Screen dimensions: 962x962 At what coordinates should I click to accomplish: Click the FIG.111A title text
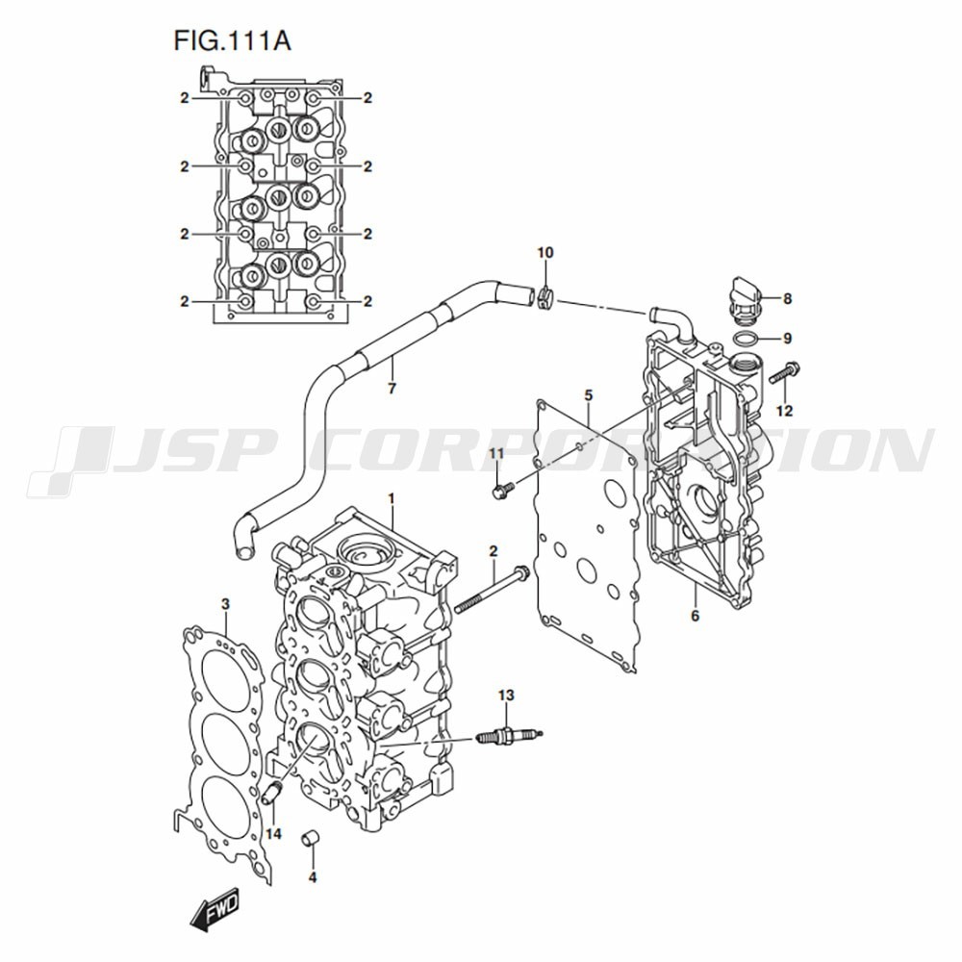pos(232,41)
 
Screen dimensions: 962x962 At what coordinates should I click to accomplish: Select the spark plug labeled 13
pos(509,734)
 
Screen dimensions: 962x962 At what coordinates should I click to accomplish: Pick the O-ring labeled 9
pos(746,338)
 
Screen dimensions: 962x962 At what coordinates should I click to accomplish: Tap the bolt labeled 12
pos(785,371)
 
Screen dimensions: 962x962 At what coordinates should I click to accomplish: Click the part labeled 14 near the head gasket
pos(271,793)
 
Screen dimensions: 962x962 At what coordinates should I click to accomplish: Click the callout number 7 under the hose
pos(392,389)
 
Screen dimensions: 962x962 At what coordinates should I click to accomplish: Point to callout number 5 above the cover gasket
pos(589,395)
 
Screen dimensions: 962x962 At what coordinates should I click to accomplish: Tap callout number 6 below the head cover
pos(695,615)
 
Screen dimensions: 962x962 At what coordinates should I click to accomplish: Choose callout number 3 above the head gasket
pos(225,604)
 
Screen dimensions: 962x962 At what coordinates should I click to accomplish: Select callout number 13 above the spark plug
pos(506,696)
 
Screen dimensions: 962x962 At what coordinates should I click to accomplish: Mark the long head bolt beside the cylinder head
pos(492,591)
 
